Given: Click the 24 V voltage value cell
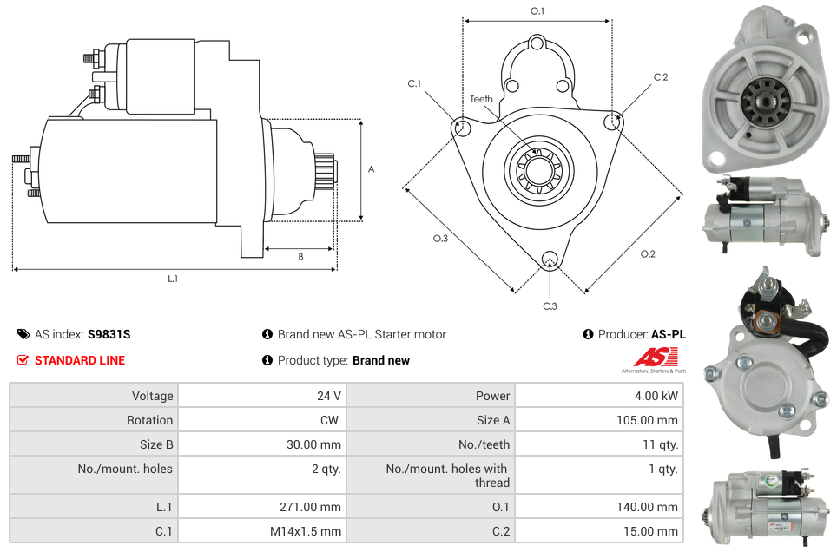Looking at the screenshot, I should point(328,396).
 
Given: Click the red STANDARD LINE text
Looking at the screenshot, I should point(80,360).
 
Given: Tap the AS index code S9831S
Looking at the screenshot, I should point(109,334).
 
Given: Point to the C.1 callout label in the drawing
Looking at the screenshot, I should point(414,83).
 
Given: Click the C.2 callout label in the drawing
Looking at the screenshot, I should point(661,77).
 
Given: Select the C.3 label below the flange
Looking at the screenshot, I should point(550,306).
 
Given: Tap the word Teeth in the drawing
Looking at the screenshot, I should point(481,99).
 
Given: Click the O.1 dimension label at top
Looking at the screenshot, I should point(537,11).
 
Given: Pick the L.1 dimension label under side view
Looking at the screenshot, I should point(173,279).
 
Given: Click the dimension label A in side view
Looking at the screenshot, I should point(371,169).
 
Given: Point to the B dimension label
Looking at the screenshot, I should point(300,256).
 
